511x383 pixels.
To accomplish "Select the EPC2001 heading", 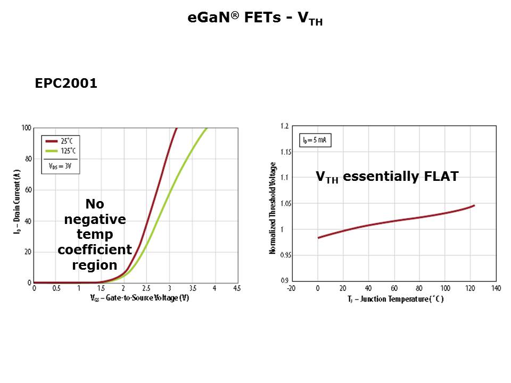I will coord(66,84).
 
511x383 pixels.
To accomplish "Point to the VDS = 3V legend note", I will coord(60,166).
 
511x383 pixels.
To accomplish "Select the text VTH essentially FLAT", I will coord(387,177).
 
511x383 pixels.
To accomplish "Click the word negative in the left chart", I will coord(95,219).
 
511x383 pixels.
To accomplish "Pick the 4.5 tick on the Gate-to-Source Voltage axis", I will coord(236,288).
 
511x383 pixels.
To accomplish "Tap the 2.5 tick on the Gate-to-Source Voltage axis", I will coord(146,288).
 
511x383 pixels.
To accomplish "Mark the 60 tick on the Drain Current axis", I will coord(28,190).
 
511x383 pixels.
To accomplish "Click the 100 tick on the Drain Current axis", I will coord(26,128).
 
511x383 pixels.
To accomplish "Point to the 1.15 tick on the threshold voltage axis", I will coord(285,152).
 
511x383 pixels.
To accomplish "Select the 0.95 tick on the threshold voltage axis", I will coord(285,255).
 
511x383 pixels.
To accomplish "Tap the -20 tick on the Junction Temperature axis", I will coord(291,288).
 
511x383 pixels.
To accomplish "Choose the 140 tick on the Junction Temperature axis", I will coord(496,288).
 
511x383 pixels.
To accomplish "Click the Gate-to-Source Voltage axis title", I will coord(139,298).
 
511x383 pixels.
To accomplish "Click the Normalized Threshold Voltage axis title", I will coord(273,207).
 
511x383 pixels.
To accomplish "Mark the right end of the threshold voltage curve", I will coord(474,205).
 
